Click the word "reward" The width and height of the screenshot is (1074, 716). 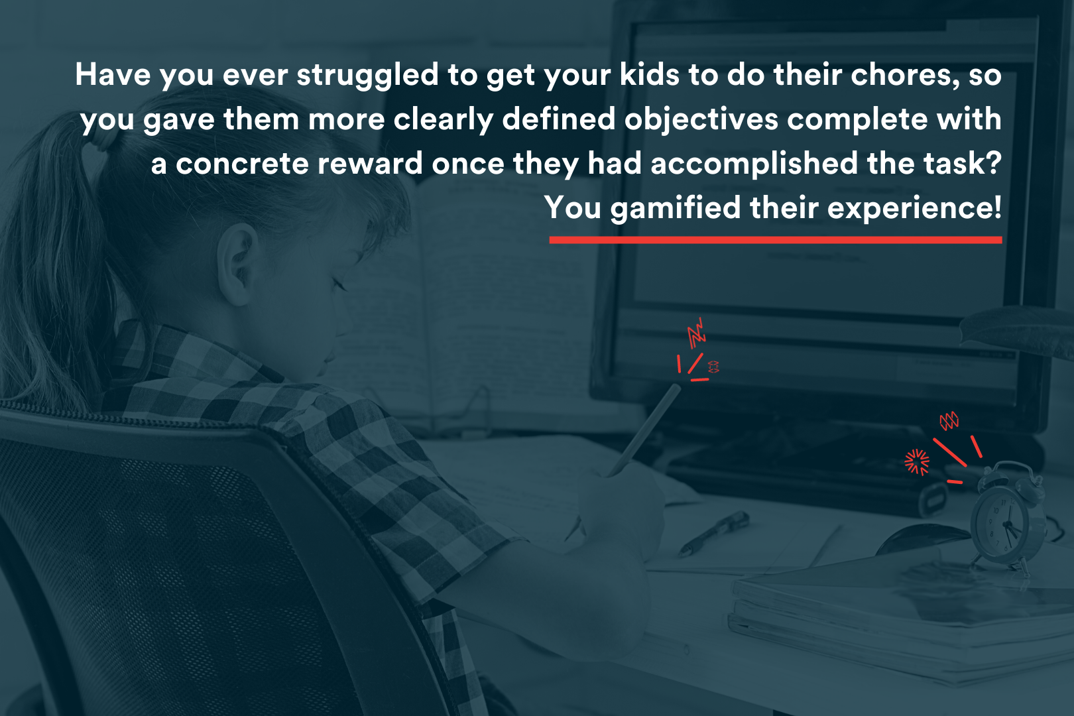click(370, 164)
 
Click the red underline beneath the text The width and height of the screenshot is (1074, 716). click(776, 240)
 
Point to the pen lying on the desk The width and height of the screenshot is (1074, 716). click(713, 533)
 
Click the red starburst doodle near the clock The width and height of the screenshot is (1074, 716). click(917, 462)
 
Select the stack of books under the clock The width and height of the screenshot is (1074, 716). click(901, 619)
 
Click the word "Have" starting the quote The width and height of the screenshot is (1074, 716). click(113, 76)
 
